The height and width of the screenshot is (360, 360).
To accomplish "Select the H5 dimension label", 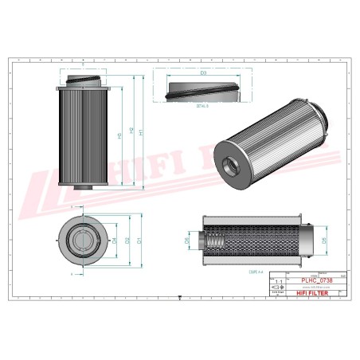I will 119,136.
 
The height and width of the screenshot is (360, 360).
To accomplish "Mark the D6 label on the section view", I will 187,238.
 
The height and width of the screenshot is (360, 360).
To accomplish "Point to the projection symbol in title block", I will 278,292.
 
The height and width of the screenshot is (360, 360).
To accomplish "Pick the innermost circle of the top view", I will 80,239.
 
